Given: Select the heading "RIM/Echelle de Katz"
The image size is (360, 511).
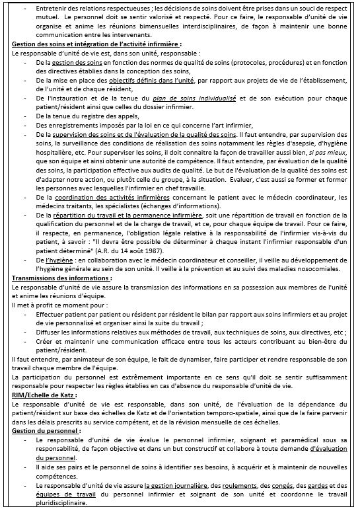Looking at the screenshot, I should pos(42,395).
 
